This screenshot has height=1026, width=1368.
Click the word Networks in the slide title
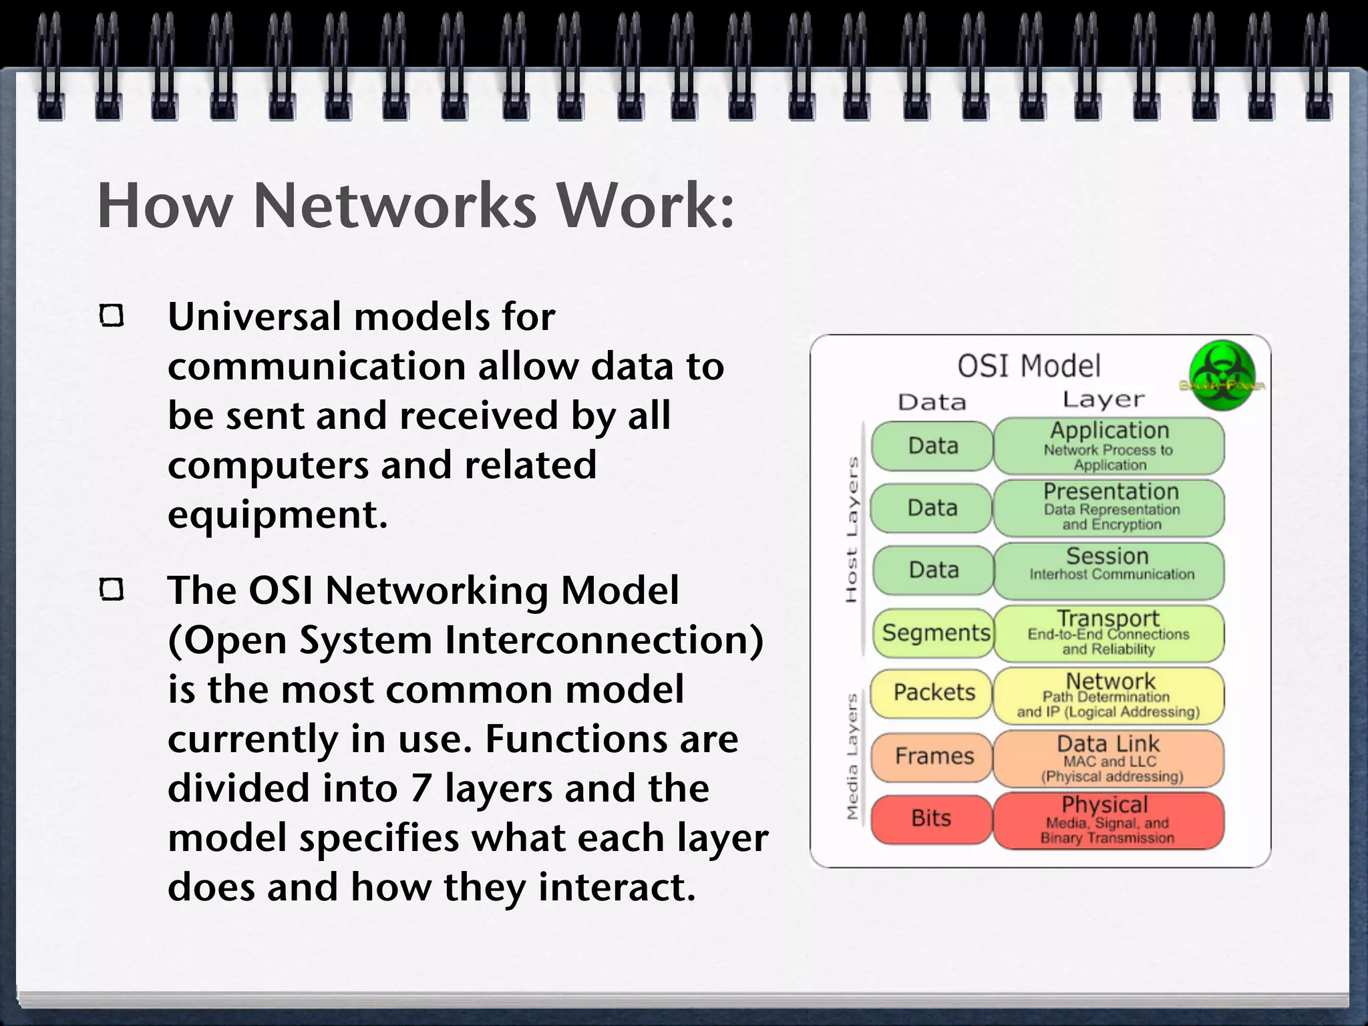(x=395, y=206)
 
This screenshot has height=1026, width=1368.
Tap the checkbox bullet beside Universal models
(x=112, y=316)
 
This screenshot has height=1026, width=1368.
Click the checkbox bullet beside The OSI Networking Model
(x=112, y=590)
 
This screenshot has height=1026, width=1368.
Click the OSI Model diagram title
(x=1029, y=366)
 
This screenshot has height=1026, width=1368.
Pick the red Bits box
(x=931, y=819)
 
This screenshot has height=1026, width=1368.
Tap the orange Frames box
(x=933, y=757)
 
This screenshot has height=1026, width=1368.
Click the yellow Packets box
(x=933, y=693)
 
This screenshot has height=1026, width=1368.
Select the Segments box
(x=934, y=633)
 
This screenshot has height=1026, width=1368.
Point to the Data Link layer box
(x=1108, y=759)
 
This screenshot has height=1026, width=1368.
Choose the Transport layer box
(x=1108, y=633)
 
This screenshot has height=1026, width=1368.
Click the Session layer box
(x=1108, y=570)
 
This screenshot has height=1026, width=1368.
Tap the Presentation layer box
(x=1108, y=508)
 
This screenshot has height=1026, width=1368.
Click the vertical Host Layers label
(x=852, y=530)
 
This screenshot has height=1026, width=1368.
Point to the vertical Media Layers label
(x=852, y=756)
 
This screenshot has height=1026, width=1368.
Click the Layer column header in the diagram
(x=1103, y=399)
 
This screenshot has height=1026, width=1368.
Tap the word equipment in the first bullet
(x=277, y=515)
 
